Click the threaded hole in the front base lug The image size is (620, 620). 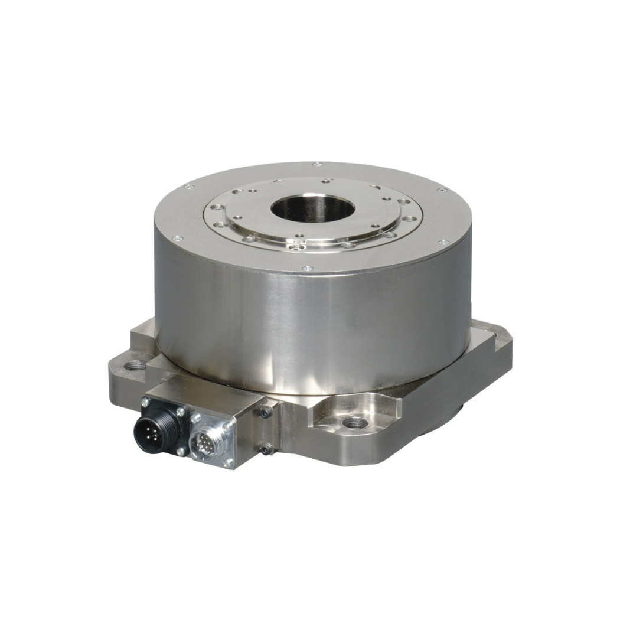(x=354, y=422)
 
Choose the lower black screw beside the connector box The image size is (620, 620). (x=266, y=450)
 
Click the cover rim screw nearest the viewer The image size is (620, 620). (x=306, y=269)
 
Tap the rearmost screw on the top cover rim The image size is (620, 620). (x=317, y=164)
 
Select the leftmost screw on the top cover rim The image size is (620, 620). (x=175, y=239)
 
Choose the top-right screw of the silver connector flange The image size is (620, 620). (x=228, y=423)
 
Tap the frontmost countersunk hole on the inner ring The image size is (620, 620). (x=302, y=247)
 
